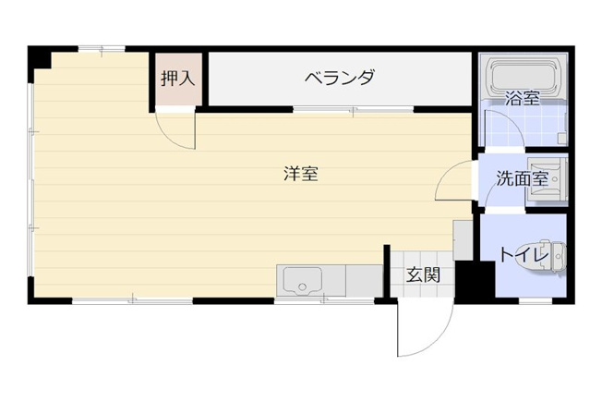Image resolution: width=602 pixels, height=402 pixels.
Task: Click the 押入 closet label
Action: click(x=178, y=79)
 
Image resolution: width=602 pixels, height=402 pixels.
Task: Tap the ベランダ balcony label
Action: click(x=340, y=77)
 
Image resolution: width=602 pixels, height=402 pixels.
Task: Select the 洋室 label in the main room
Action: click(x=301, y=174)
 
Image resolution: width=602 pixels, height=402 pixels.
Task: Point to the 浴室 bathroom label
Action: click(x=523, y=98)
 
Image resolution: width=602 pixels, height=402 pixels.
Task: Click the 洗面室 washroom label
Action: click(x=523, y=178)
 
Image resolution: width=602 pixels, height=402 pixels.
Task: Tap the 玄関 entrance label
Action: click(x=423, y=274)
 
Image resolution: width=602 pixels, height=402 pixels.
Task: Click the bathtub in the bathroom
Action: click(x=523, y=78)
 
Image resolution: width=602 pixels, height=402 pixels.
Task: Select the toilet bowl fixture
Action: click(x=541, y=256)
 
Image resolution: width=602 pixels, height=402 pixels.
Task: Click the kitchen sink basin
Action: click(x=302, y=280)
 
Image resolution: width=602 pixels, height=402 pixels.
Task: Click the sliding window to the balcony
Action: click(x=354, y=110)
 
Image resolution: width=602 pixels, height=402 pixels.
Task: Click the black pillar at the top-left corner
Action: click(x=40, y=57)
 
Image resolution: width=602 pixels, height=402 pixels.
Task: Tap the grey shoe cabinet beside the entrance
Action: click(x=463, y=240)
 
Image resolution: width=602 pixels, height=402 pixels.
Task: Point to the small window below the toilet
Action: click(x=536, y=301)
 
